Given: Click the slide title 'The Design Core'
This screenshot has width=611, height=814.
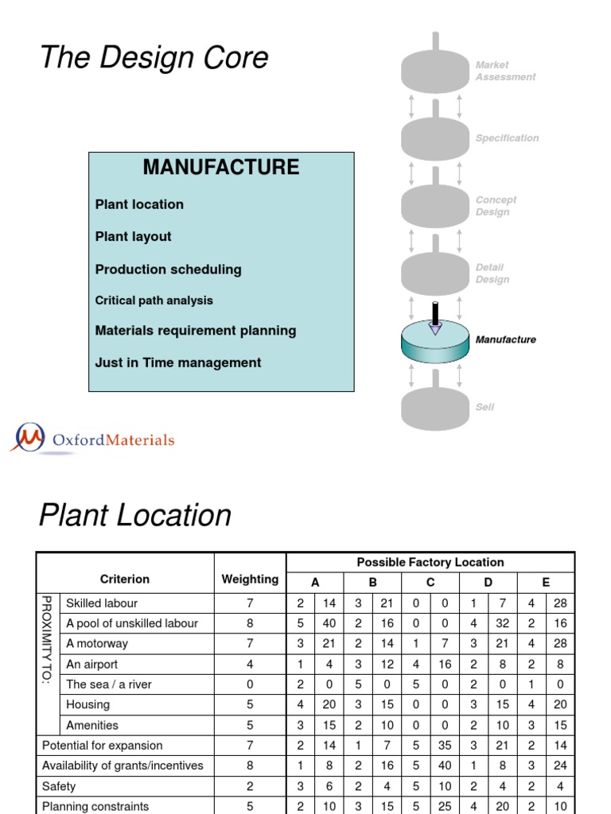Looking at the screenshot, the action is coord(154,56).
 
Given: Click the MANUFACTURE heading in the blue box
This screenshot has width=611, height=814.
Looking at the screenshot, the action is coord(221,167).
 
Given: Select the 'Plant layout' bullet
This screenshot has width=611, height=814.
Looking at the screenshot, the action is coord(133,237).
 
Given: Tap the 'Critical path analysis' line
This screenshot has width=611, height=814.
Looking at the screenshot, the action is coord(154,300).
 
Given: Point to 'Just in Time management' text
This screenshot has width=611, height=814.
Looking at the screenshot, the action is coord(177,362).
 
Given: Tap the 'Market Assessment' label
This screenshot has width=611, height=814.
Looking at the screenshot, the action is coord(505,71).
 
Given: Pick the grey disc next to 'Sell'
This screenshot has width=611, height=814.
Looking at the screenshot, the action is coord(435,409).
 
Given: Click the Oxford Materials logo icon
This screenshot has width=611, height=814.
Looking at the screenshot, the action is coord(29,437).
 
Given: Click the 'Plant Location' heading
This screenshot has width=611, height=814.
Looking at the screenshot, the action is coord(135,515).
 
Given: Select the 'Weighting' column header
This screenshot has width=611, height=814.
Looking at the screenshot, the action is coord(250,579).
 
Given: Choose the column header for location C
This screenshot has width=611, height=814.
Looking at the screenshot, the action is coord(430,583).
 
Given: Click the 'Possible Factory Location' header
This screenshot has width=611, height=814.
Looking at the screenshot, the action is coord(430,562).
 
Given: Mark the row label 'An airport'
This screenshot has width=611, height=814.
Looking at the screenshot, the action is coord(92,665).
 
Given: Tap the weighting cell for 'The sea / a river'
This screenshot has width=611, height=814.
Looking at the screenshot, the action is coord(250,684).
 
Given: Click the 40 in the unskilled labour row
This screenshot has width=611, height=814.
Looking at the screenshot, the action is coord(329,623).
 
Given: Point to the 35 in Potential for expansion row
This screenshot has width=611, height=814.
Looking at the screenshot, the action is coord(445,746).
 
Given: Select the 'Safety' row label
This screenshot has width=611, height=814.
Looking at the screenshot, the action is coord(59,786).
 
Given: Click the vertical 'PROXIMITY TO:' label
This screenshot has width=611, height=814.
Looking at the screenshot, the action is coord(47,640).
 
